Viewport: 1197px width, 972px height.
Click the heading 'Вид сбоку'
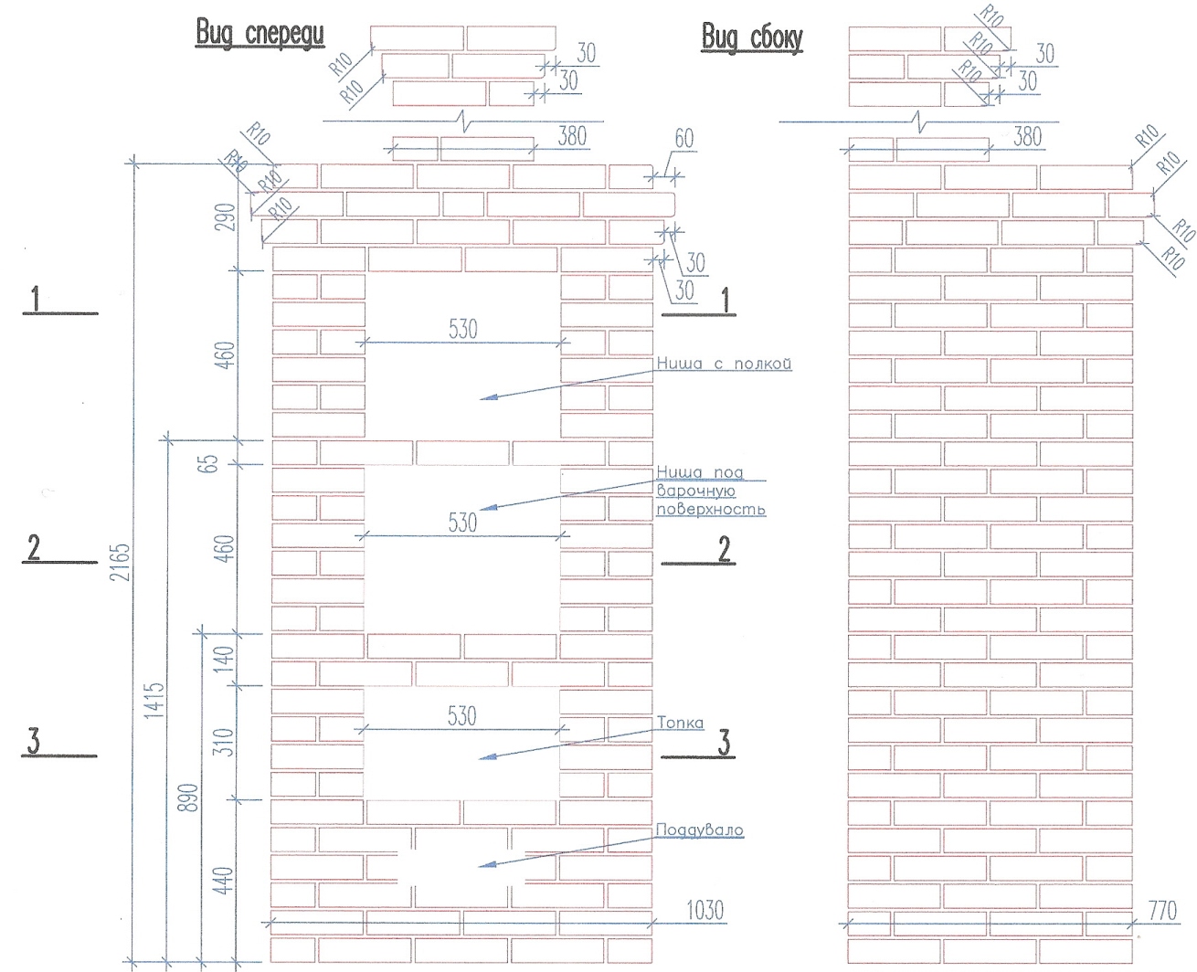coord(751,37)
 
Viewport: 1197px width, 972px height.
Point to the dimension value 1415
coord(156,700)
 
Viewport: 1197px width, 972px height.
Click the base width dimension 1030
coord(704,910)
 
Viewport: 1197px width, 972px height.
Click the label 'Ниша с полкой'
coord(724,364)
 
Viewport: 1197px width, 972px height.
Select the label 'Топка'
coord(681,723)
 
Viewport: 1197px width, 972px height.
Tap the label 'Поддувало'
coord(699,830)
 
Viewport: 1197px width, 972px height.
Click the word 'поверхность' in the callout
coord(710,509)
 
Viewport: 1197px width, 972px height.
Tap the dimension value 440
coord(228,880)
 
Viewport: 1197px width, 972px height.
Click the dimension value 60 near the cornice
coord(683,139)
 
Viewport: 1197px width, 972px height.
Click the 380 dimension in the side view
coord(1027,137)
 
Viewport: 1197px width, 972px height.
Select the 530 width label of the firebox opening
coord(461,716)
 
